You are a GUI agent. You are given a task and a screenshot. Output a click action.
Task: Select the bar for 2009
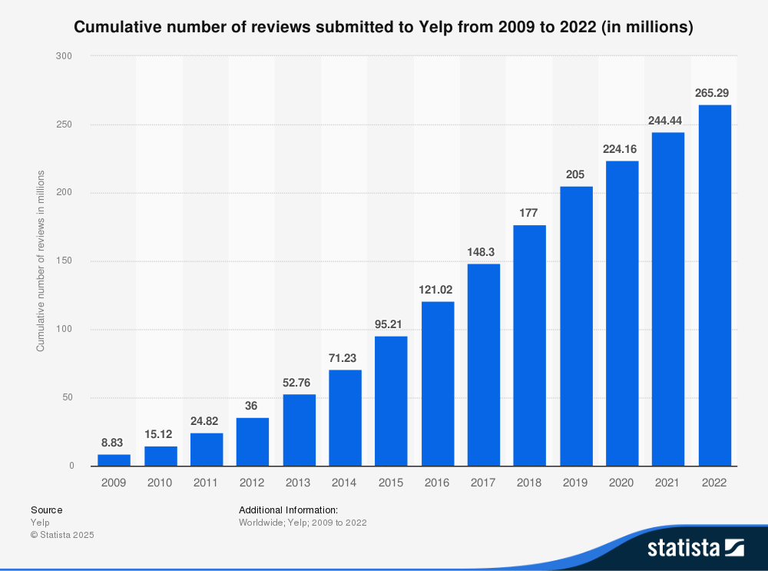[114, 460]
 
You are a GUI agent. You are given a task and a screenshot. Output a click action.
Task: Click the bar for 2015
[391, 400]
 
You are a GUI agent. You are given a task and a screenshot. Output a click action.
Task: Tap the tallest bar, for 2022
[714, 285]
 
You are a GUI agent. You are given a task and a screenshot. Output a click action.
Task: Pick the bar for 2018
[529, 345]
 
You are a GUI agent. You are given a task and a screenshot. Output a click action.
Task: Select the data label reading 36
[253, 405]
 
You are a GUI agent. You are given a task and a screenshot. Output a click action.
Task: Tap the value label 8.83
[114, 442]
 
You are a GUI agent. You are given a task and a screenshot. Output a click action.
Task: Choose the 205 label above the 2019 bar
[576, 174]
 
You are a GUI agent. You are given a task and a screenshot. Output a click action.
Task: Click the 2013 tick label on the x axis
[299, 483]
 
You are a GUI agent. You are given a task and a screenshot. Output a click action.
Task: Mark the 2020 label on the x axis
[622, 483]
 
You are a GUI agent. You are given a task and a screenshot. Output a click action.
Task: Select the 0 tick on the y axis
[71, 466]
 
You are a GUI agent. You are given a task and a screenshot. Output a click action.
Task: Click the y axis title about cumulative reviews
[41, 261]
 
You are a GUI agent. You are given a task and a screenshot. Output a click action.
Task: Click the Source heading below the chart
[47, 510]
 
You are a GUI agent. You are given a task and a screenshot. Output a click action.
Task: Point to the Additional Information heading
[288, 510]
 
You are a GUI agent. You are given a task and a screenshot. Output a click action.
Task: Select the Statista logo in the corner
[695, 547]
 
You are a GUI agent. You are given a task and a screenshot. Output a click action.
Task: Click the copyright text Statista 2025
[62, 535]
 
